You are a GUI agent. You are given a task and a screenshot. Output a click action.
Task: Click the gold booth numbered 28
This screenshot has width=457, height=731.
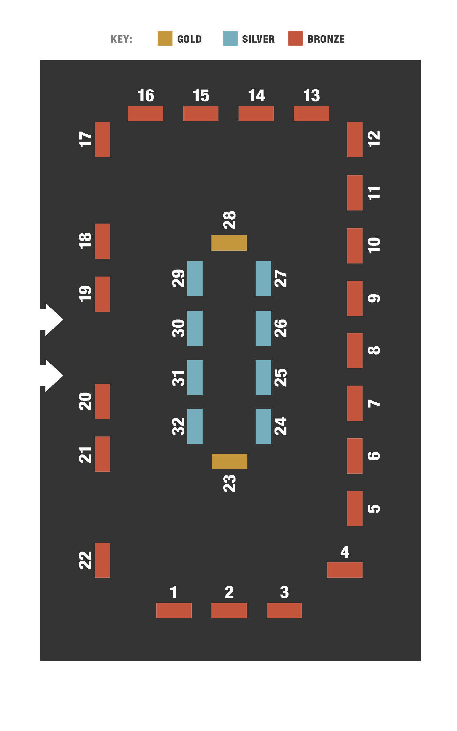[x=229, y=243]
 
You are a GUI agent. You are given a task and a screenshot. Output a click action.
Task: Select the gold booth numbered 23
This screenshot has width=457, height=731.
[x=230, y=461]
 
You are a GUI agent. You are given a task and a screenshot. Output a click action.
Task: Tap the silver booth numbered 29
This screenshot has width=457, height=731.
[x=195, y=278]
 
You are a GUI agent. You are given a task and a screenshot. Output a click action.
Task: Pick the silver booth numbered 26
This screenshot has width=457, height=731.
[x=263, y=328]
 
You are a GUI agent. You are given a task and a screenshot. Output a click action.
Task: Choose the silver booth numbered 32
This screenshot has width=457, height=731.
[x=195, y=426]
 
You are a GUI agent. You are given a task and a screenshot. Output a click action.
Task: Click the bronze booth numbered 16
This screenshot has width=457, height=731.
[x=146, y=114]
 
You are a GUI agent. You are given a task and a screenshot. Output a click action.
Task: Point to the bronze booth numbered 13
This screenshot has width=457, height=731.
[x=311, y=114]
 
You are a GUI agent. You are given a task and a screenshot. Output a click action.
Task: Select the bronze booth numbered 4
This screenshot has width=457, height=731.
[x=345, y=570]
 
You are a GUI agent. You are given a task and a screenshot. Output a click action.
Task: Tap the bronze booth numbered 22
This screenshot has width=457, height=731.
[x=102, y=560]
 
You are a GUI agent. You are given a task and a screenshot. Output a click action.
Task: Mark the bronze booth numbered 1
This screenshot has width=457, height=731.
[x=174, y=610]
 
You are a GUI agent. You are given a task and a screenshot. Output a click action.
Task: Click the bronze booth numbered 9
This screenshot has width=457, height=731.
[x=355, y=298]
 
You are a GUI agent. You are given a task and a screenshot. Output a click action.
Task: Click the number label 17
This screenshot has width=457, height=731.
[x=85, y=139]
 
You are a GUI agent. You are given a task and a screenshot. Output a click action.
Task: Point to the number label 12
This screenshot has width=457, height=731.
[x=374, y=139]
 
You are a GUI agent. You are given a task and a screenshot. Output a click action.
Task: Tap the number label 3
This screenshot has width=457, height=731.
[x=284, y=592]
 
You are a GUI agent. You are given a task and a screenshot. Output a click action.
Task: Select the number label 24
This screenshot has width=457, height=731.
[x=281, y=426]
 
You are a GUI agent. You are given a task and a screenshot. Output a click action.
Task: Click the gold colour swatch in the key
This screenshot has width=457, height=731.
[x=165, y=38]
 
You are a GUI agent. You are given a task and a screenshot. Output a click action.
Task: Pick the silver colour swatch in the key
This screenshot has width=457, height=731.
[x=230, y=38]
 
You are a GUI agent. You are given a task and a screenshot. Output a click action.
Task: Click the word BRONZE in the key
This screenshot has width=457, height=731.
[x=326, y=39]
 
